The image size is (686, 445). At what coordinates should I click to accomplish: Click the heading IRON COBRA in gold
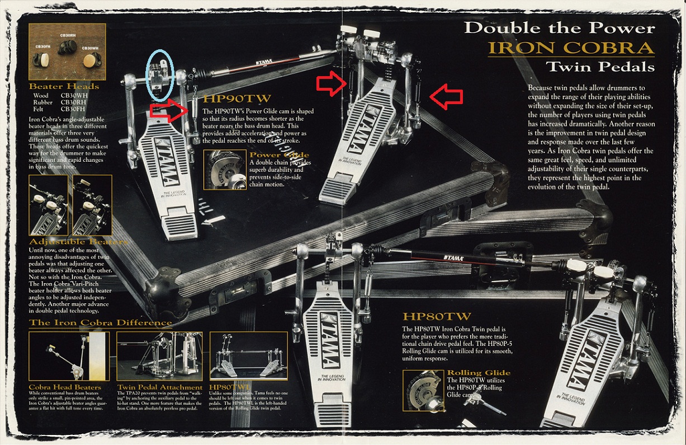(x=571, y=47)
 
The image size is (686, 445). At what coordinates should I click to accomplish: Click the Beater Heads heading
(x=64, y=86)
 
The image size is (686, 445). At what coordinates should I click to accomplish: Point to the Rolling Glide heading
(x=479, y=373)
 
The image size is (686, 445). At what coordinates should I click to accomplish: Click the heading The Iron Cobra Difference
(x=101, y=322)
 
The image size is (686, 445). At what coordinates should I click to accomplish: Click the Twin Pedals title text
(x=600, y=67)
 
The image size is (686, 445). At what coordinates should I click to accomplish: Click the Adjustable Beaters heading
(x=78, y=241)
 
